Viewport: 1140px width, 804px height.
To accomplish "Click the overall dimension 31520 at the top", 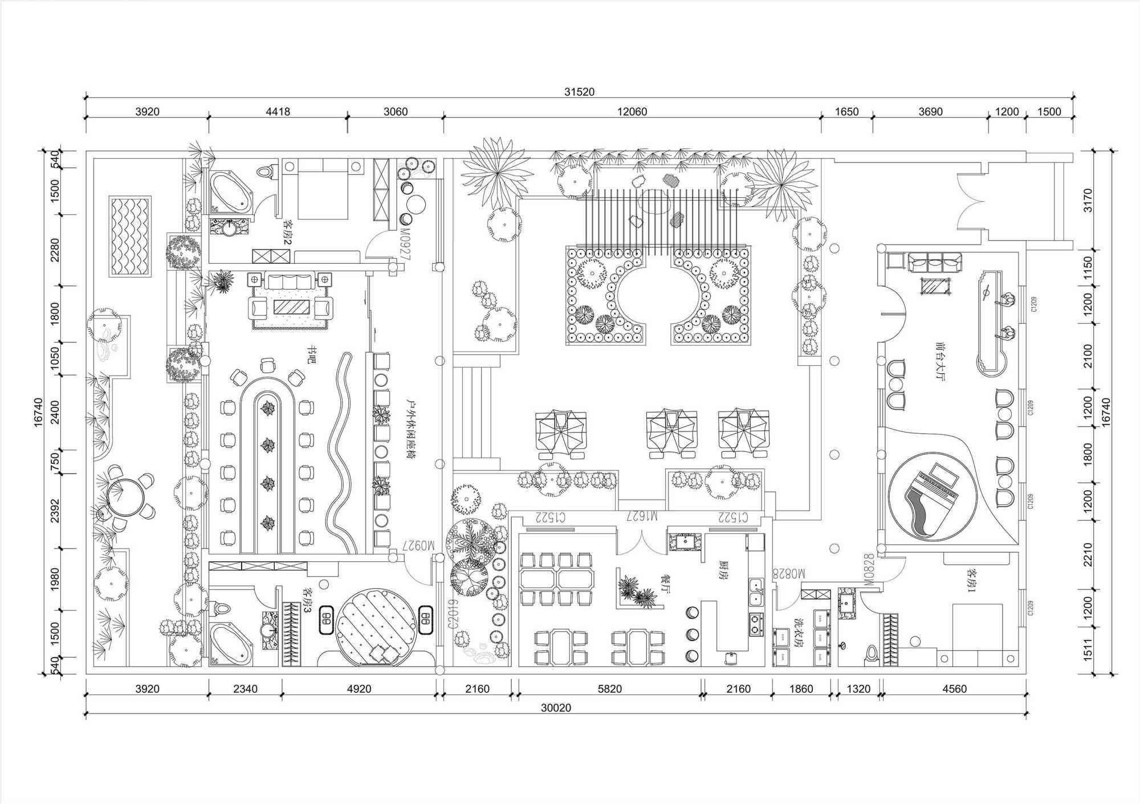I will (x=579, y=92).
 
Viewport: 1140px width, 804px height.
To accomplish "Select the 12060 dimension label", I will (x=632, y=112).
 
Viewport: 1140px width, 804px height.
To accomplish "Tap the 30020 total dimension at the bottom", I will (x=556, y=708).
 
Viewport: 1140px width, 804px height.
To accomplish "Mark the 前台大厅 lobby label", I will (x=939, y=361).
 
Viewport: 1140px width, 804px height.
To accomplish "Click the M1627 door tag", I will (x=642, y=516).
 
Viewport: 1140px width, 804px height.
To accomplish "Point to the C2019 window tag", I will (x=453, y=614).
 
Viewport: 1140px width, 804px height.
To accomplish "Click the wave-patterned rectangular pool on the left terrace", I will (x=131, y=236).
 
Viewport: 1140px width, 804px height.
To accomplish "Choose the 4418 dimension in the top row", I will (x=278, y=112).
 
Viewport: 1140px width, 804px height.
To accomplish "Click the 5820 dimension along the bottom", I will (x=609, y=689).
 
